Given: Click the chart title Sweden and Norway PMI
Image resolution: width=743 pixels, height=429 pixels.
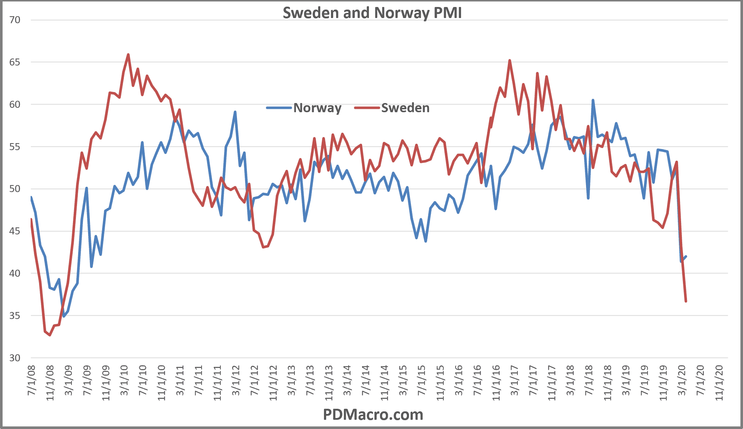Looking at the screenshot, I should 372,13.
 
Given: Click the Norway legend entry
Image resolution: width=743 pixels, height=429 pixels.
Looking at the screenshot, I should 317,108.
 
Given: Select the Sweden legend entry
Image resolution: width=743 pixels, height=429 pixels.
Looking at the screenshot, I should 405,108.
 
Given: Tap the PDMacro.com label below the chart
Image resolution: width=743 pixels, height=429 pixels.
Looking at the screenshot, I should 373,415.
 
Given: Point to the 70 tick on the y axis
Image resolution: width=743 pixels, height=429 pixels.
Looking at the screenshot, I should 15,20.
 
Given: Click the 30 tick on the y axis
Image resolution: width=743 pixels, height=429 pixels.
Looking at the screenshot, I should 15,358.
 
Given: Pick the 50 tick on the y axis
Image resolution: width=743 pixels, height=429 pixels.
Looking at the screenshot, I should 15,189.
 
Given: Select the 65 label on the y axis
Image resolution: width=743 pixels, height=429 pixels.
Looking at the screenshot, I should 15,62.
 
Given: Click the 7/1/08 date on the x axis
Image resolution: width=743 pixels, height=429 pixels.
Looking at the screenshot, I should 32,381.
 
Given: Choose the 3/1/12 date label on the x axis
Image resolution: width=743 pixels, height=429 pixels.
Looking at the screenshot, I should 236,381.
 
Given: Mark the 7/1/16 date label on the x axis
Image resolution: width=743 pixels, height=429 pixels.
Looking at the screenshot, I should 477,381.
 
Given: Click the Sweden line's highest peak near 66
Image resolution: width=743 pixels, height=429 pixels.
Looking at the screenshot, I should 128,54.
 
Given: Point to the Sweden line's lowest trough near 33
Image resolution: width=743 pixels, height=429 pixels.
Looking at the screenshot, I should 50,335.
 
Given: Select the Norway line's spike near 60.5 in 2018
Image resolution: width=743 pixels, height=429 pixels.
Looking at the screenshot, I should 593,100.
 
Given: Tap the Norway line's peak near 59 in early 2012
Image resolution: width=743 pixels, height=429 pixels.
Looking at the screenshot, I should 235,112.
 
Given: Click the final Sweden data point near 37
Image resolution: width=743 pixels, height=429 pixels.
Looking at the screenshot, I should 686,301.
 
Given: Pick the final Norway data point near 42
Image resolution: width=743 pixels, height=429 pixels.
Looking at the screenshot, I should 686,256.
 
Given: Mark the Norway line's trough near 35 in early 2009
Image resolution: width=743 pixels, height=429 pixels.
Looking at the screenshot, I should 64,316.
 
